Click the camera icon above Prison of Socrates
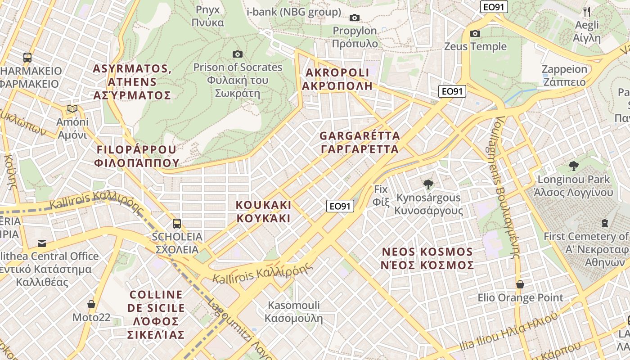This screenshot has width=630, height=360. pos(238,54)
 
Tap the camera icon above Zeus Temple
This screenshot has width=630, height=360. pos(475,34)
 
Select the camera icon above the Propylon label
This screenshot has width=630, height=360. pos(355,18)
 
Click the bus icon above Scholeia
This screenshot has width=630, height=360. pos(177,224)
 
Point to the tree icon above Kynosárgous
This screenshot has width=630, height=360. pos(428,184)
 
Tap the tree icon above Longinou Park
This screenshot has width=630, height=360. pos(573,166)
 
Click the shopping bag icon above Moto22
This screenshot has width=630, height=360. pos(91,305)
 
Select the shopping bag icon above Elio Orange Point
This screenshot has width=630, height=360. pos(520,284)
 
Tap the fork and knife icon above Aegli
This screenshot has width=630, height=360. pos(587,11)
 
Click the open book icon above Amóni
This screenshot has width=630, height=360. pos(72,109)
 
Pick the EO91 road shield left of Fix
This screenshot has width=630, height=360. pos(340,207)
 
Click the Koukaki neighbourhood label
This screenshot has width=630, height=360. pos(264,211)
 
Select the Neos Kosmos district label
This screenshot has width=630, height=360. pos(427,258)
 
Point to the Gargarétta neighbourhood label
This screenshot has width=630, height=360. pos(359,142)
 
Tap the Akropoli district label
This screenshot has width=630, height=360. pos(337,79)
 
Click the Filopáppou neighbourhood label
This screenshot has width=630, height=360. pos(137,156)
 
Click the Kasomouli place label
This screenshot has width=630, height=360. pos(293,312)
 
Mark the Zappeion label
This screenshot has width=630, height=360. pos(564,76)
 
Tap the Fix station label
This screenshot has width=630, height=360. pos(381,195)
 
